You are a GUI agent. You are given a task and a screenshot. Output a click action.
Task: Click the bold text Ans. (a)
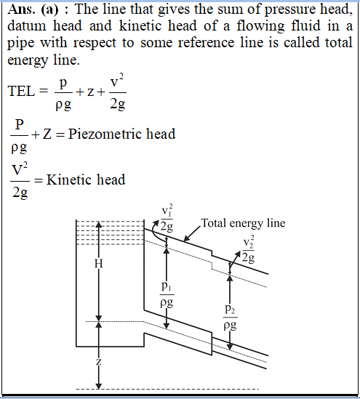point(33,9)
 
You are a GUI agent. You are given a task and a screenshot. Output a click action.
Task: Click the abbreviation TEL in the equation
point(21,91)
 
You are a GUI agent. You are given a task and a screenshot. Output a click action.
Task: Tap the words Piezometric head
point(121,134)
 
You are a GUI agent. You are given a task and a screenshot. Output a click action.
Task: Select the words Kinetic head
point(86,180)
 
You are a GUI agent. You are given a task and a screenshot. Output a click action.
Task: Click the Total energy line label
point(243,223)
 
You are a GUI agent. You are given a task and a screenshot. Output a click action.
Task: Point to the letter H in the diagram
point(98,263)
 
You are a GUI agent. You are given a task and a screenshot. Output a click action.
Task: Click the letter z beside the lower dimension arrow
point(98,361)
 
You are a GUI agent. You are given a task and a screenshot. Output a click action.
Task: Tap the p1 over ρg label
point(167,294)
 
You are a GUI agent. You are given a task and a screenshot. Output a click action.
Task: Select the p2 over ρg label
point(230,318)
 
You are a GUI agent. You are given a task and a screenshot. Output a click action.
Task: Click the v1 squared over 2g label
point(167,218)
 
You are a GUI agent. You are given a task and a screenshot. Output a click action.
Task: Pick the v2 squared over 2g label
point(248,249)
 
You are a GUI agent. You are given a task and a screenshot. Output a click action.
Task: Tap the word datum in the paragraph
point(27,26)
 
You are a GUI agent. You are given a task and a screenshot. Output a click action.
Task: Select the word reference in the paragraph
point(206,42)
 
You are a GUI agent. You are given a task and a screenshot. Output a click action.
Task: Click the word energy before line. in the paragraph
point(28,61)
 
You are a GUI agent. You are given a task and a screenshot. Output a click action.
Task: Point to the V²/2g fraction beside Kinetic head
point(20,181)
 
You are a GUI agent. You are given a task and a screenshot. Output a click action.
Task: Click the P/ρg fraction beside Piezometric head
point(19,136)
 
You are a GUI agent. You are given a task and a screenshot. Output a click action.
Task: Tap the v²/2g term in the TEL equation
point(118,92)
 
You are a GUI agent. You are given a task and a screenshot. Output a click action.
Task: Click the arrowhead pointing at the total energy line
point(187,238)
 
